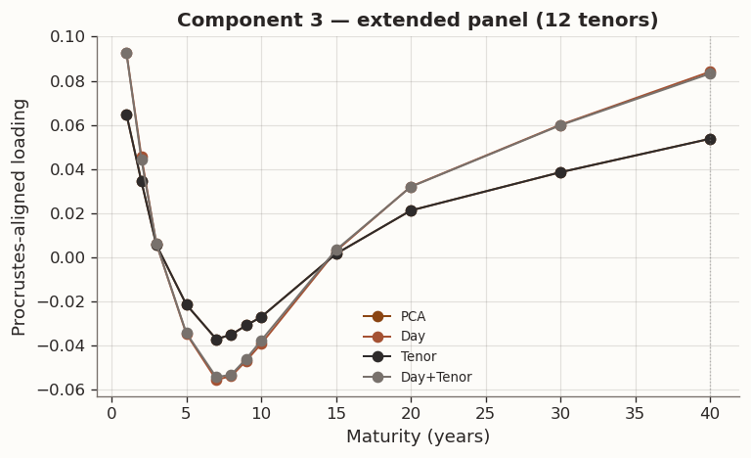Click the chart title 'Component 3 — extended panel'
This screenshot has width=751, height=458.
point(418,21)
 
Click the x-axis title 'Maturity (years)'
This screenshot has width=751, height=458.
point(418,436)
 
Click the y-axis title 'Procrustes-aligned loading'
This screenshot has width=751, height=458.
point(21,216)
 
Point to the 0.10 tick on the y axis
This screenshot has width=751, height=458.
point(71,37)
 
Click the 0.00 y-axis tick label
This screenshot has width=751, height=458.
point(71,257)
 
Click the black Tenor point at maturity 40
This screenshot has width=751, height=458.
point(710,139)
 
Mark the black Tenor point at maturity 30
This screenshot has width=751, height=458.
point(560,172)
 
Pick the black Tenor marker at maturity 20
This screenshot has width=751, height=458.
point(411,210)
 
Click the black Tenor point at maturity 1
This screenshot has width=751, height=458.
point(126,114)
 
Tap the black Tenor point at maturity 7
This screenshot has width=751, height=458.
point(216,340)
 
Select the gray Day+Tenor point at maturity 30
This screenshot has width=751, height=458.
point(560,125)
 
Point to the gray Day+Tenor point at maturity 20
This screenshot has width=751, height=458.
point(411,187)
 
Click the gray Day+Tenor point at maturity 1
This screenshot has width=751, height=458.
point(126,54)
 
